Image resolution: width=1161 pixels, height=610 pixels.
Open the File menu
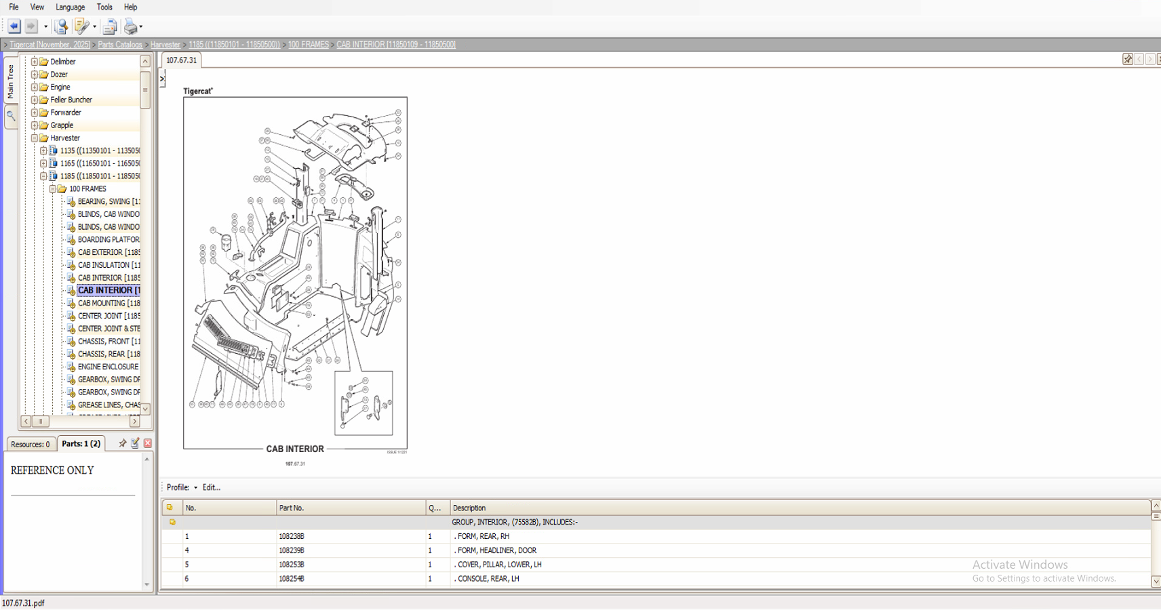tap(14, 7)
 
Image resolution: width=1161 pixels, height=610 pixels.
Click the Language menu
tap(70, 7)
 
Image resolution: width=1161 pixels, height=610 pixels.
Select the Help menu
tap(130, 7)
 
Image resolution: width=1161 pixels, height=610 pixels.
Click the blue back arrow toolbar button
tap(14, 26)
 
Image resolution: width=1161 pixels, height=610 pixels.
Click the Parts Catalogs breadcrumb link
tap(120, 45)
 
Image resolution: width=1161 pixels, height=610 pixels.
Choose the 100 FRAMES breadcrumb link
tap(308, 45)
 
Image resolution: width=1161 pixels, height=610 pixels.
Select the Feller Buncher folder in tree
tap(71, 100)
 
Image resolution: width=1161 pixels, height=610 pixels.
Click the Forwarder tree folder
tap(65, 113)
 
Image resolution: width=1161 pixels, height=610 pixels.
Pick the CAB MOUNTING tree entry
tap(109, 303)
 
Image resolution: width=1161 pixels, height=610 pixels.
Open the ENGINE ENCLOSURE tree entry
tap(108, 367)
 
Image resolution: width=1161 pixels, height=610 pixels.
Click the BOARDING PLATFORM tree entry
tap(108, 239)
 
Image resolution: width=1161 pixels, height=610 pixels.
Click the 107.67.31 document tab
tap(182, 60)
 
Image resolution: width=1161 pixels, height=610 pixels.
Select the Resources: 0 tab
tap(31, 445)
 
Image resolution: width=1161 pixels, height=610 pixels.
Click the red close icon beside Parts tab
tap(147, 443)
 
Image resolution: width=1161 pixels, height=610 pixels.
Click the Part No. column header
tap(292, 508)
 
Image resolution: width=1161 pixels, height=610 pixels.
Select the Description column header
tap(469, 508)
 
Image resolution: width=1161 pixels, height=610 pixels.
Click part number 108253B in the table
tap(292, 565)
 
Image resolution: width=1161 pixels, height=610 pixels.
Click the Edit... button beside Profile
tap(211, 487)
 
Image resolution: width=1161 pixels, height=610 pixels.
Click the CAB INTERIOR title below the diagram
tap(295, 449)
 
